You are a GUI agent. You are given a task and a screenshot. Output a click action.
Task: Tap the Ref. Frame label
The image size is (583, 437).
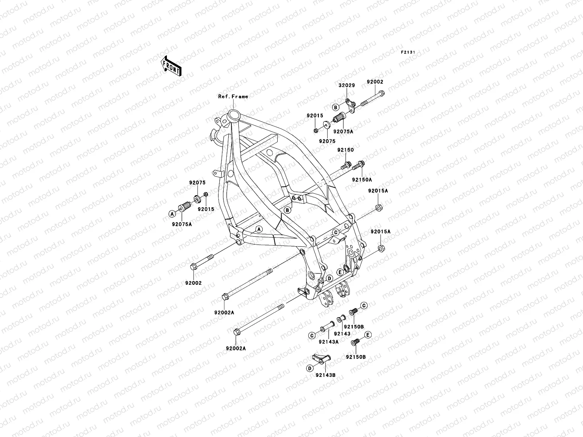coord(233,97)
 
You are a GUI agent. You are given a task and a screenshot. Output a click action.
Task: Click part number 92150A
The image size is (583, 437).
coord(361,180)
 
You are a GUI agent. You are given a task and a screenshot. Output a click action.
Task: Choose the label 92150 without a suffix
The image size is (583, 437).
coord(345,150)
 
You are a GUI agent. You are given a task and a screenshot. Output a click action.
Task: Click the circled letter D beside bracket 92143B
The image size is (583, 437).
coord(310,369)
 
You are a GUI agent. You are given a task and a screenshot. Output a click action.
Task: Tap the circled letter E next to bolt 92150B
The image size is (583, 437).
coord(368,334)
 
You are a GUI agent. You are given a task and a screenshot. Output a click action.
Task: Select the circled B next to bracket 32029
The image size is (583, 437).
coord(336,107)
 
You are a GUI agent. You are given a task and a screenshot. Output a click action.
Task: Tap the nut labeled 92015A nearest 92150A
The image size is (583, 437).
coord(378,208)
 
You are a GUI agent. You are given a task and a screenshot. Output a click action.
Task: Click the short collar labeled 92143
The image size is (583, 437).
coord(341,319)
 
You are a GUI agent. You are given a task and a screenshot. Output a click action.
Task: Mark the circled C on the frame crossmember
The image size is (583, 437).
coord(336,232)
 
